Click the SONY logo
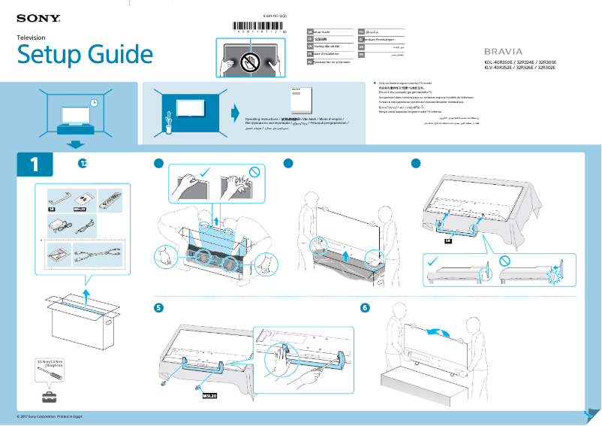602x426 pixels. coord(38,17)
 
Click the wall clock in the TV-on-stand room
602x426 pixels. coord(94,103)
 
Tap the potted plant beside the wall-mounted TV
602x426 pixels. coord(169,120)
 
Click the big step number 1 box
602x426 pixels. coord(35,165)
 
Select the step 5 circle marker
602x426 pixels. coord(158,308)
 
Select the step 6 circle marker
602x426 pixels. coord(365,308)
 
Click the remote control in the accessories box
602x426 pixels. coord(110,201)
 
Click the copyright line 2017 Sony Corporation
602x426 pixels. coord(53,415)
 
